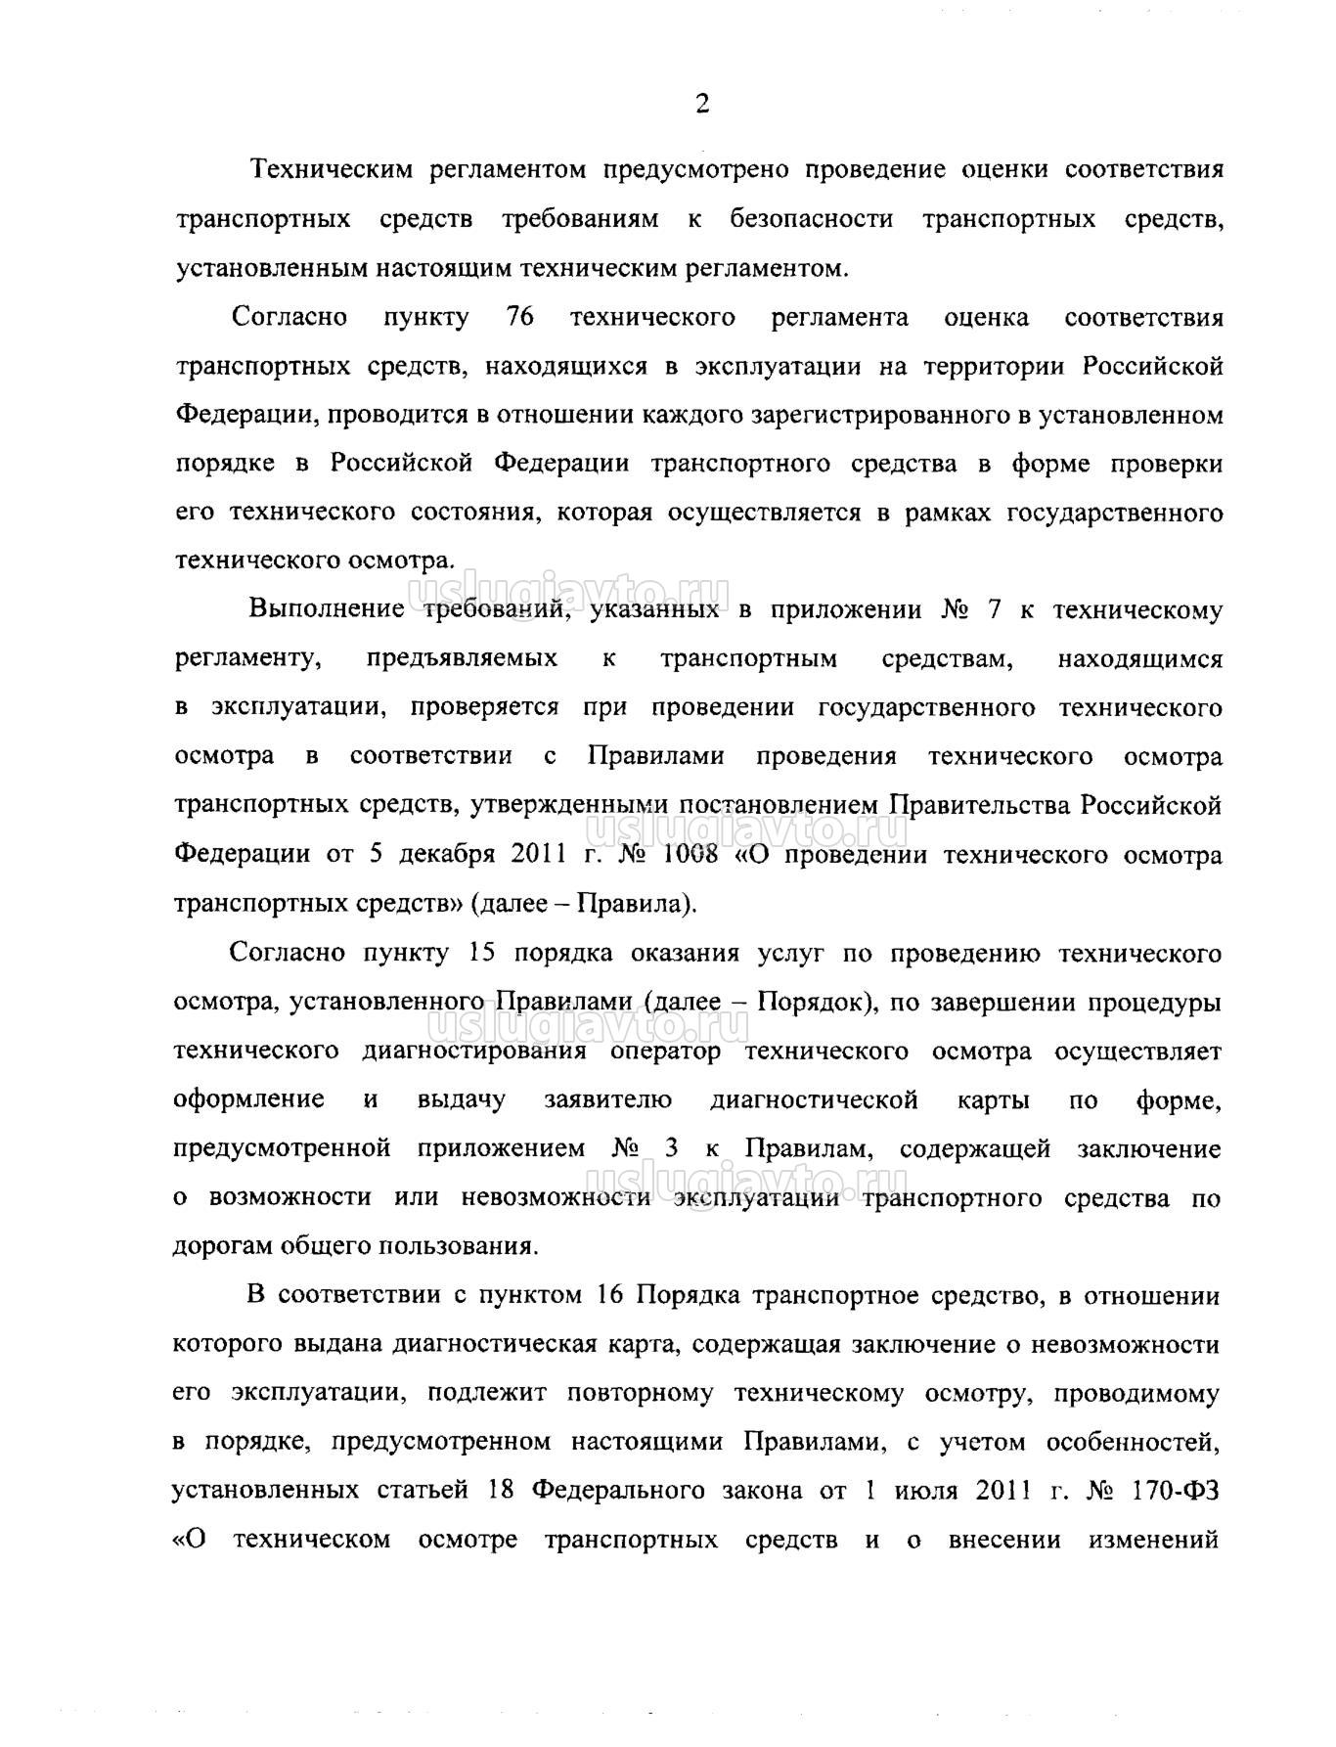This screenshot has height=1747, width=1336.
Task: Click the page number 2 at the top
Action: (x=702, y=105)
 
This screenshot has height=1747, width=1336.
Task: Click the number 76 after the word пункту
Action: (x=519, y=318)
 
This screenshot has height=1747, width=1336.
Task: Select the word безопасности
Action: (x=811, y=219)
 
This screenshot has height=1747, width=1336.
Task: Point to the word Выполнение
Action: (x=327, y=609)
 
